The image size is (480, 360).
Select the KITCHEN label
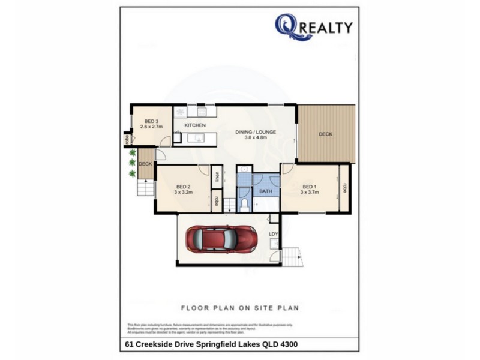coord(195,125)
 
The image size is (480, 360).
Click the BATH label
coord(266,192)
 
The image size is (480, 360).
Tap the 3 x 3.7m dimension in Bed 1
coord(310,192)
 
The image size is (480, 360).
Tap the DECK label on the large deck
coord(325,134)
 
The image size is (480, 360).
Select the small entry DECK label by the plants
coord(145,164)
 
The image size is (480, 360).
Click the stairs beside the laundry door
coord(292,258)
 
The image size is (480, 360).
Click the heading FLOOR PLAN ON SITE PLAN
coord(240,308)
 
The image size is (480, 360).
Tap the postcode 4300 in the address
coord(286,344)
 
